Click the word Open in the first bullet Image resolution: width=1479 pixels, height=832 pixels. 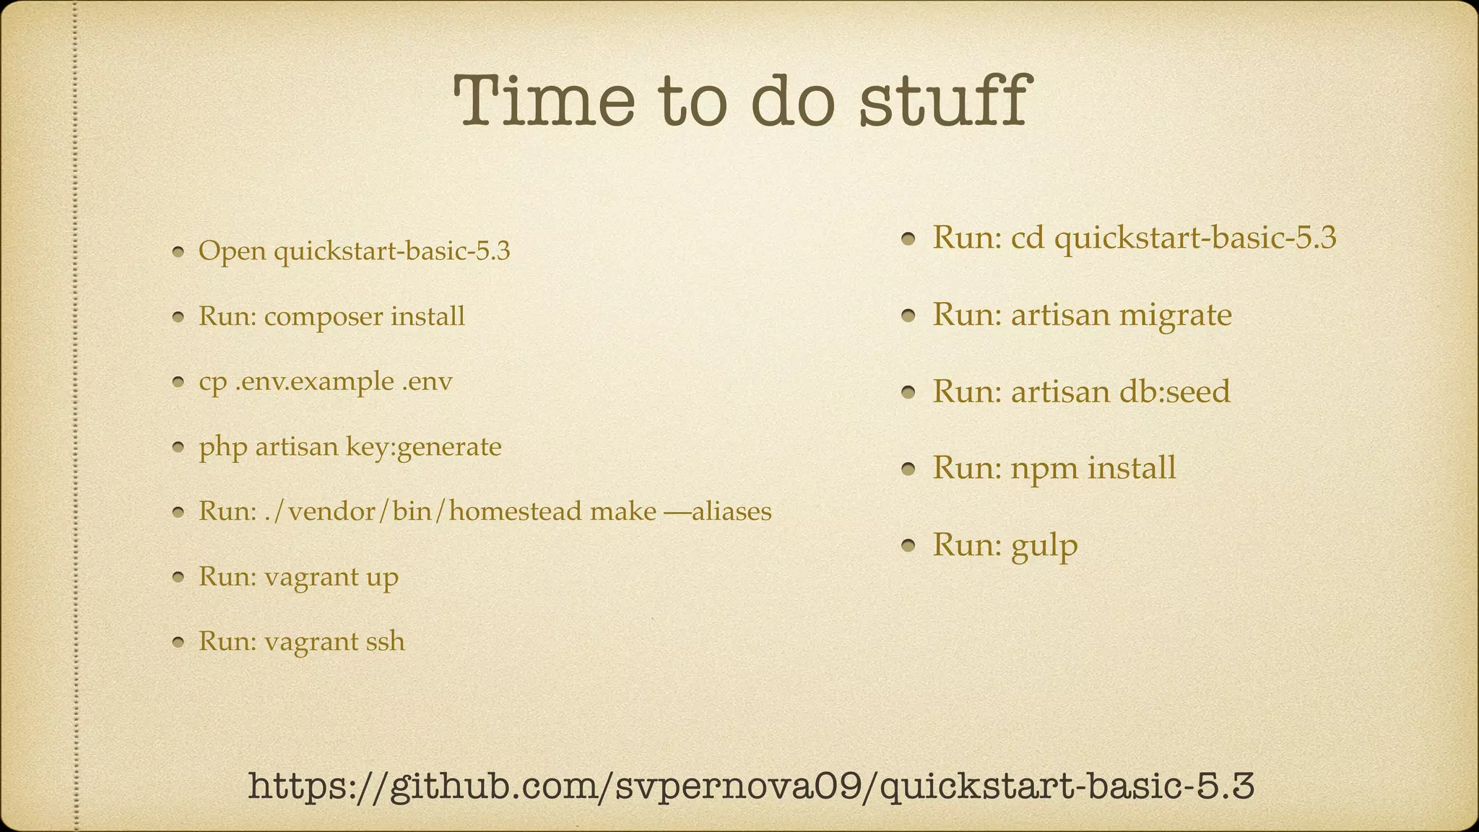point(230,252)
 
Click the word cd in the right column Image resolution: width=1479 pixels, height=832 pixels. point(1028,238)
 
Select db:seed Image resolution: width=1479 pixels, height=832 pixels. point(1174,391)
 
